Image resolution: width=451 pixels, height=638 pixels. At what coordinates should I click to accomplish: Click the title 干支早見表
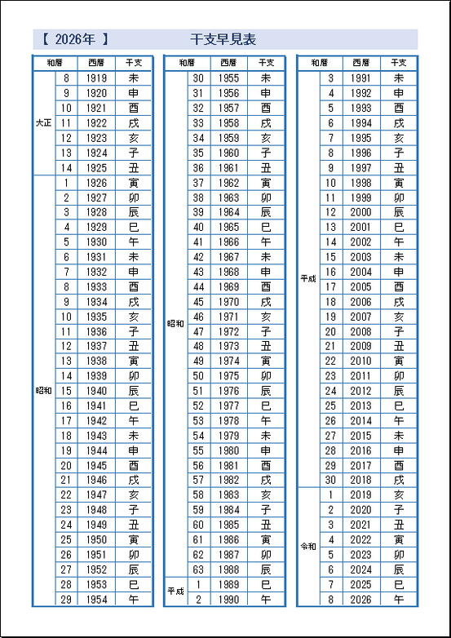click(223, 39)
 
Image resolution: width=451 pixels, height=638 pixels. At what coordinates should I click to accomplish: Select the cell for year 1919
click(96, 78)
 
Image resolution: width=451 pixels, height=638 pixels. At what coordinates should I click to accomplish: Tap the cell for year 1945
click(96, 466)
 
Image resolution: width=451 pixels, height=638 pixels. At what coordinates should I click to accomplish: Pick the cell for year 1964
click(229, 212)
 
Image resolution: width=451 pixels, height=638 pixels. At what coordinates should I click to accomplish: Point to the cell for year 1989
click(229, 585)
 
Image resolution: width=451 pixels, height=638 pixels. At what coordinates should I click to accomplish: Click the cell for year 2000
click(360, 212)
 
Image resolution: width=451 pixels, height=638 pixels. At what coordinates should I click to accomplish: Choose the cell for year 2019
click(360, 495)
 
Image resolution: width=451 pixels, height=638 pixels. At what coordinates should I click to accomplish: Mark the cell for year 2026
click(360, 600)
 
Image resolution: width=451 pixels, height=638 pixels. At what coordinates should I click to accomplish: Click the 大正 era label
click(44, 122)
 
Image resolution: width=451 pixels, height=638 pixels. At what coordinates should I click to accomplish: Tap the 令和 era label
click(308, 547)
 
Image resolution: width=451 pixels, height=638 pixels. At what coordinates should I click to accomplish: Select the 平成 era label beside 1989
click(176, 591)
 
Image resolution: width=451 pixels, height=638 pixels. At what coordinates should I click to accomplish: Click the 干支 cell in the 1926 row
click(134, 183)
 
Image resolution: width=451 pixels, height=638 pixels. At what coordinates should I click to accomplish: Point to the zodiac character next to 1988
click(266, 570)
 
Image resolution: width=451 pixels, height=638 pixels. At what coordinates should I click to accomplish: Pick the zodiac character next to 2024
click(398, 570)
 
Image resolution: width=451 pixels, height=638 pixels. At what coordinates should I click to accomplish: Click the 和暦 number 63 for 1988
click(198, 570)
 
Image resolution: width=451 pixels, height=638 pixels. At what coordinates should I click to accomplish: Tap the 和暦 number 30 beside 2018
click(330, 481)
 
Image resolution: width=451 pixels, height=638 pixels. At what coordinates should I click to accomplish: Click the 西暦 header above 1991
click(360, 63)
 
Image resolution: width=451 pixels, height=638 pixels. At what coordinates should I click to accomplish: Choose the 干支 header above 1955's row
click(266, 63)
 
